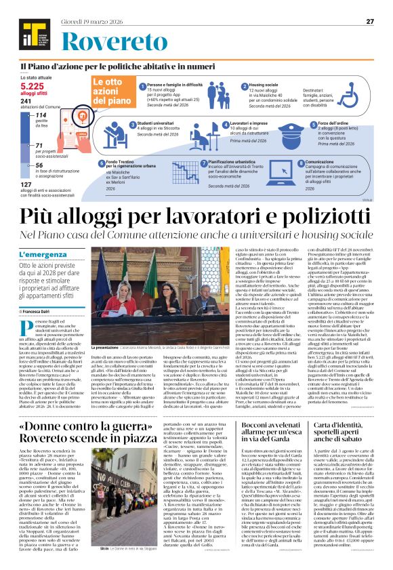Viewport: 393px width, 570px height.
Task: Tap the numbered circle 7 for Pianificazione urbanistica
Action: [x=205, y=164]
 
